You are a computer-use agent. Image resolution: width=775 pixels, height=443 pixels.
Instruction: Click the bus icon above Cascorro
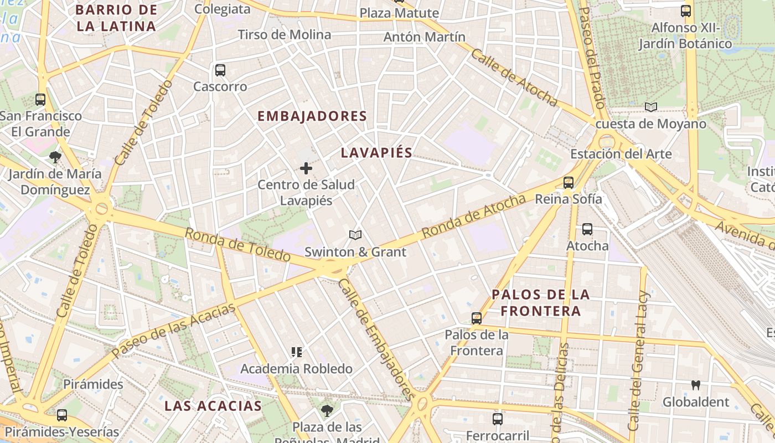[x=220, y=70]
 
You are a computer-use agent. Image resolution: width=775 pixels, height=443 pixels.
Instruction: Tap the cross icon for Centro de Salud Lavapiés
[x=306, y=168]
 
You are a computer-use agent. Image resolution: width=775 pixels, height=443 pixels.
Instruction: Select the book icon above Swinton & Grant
[x=355, y=235]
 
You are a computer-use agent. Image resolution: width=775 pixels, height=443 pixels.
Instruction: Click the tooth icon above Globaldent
[x=696, y=385]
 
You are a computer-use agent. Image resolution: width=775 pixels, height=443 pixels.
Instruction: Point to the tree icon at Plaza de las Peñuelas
[x=327, y=410]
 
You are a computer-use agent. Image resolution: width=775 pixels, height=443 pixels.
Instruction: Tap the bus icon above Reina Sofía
[x=568, y=182]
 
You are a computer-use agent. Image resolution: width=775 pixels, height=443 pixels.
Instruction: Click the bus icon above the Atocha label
[x=587, y=229]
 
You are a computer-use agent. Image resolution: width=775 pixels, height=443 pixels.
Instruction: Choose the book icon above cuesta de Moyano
[x=651, y=107]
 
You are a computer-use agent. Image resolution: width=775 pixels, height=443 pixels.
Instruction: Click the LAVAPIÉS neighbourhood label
[x=376, y=153]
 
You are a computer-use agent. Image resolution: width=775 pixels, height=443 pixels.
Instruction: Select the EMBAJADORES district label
[x=312, y=116]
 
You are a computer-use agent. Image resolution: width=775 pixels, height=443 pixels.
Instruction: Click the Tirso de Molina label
[x=285, y=35]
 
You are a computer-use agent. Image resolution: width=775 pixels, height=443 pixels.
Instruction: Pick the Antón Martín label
[x=425, y=37]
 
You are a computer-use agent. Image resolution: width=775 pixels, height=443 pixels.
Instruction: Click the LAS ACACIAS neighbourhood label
[x=213, y=406]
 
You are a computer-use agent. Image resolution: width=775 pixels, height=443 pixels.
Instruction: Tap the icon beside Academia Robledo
[x=297, y=352]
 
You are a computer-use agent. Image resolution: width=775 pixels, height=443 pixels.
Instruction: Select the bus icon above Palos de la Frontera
[x=477, y=318]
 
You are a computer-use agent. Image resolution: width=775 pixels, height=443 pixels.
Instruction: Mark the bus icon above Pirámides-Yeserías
[x=62, y=415]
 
